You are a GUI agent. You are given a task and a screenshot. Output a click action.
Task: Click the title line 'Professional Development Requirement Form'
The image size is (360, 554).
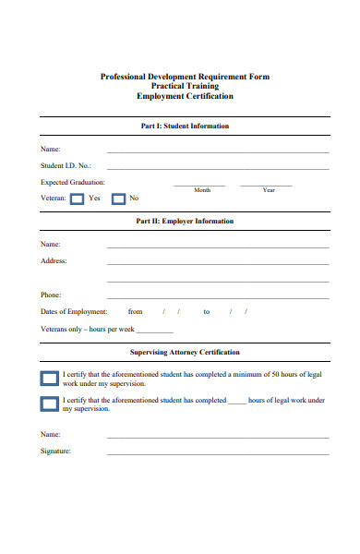click(185, 77)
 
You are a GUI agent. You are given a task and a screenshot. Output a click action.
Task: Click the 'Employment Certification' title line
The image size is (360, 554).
click(185, 96)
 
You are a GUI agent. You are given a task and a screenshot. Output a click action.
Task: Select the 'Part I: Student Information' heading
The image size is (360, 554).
click(183, 126)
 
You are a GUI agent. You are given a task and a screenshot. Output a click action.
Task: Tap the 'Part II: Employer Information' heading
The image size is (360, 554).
click(185, 222)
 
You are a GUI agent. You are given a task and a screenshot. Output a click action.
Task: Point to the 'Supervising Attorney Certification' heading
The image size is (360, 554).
click(185, 352)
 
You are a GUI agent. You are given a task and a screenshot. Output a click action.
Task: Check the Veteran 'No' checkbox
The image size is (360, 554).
click(118, 199)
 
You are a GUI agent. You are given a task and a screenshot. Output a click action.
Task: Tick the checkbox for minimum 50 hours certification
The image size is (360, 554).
click(49, 378)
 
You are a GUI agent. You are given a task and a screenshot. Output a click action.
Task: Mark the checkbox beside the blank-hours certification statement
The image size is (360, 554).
click(49, 403)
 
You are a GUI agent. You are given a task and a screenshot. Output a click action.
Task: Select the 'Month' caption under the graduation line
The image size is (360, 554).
click(202, 190)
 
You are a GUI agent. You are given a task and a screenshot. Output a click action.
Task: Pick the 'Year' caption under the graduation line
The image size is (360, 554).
click(269, 190)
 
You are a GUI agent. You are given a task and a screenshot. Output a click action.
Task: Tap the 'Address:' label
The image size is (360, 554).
click(54, 261)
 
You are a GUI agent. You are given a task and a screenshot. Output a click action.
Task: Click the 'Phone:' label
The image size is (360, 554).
click(51, 295)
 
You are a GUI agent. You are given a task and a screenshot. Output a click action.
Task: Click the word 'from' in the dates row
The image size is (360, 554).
click(136, 312)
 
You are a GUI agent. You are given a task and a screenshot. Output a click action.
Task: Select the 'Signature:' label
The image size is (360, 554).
click(56, 451)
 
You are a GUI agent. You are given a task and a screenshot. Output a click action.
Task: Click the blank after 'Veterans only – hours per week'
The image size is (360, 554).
click(155, 330)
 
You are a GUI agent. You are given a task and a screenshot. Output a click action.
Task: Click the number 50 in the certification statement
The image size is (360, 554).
click(276, 374)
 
